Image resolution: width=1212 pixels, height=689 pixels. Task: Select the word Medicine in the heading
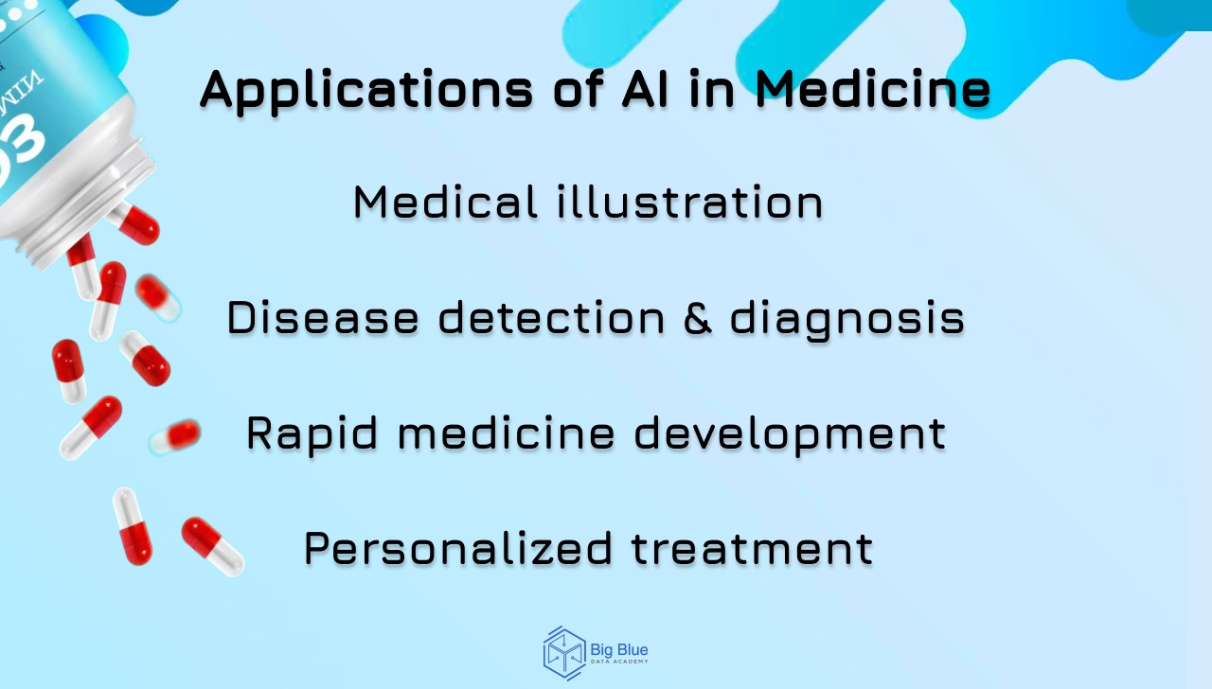(873, 89)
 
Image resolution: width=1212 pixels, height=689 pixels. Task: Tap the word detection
(551, 318)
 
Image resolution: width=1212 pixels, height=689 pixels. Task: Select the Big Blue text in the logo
(619, 650)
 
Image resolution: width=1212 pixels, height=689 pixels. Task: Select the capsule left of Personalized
(212, 545)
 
